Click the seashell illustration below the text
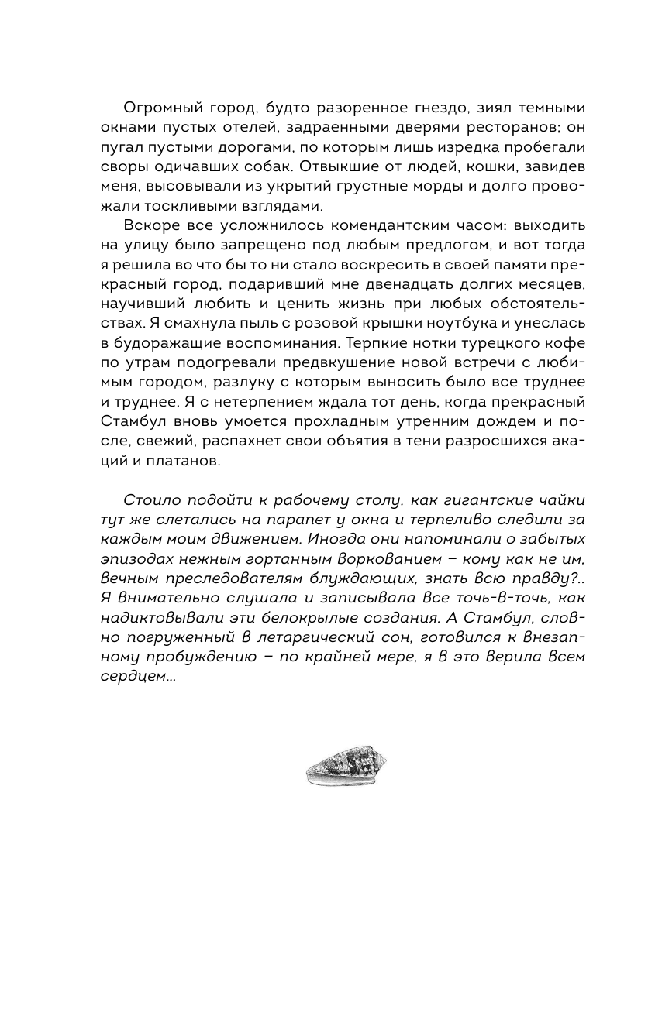point(346,768)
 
